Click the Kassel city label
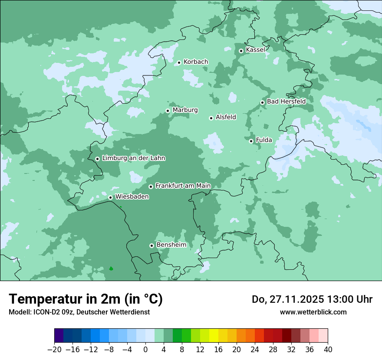(255, 50)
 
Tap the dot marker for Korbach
(179, 62)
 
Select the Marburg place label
(185, 110)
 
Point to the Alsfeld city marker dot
(211, 118)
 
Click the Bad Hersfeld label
(286, 101)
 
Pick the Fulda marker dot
(251, 141)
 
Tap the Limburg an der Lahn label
(133, 158)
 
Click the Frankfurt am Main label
(183, 186)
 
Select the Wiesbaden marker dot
(110, 197)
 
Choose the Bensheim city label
(171, 245)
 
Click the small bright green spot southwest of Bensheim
(111, 268)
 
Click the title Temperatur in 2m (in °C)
(86, 299)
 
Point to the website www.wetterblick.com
(313, 312)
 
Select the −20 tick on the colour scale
(55, 349)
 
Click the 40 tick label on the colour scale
(328, 349)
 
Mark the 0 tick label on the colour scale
(145, 349)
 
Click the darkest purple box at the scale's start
(59, 336)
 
